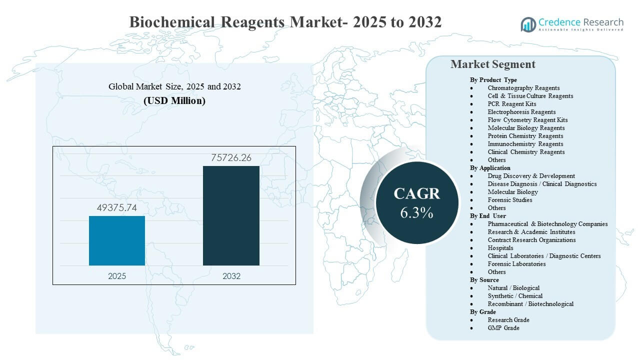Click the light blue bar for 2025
click(117, 240)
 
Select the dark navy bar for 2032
click(231, 215)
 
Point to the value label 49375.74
click(117, 207)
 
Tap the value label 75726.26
click(231, 158)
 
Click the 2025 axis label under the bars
click(117, 276)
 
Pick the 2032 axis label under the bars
click(231, 276)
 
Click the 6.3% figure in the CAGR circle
click(416, 212)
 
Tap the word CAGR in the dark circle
click(416, 194)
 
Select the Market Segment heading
click(492, 64)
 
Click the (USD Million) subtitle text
click(174, 100)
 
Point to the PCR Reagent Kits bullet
click(511, 104)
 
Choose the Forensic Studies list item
click(509, 200)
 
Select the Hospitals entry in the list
click(500, 248)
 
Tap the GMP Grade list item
click(503, 328)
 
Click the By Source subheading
click(484, 280)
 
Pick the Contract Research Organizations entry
click(531, 240)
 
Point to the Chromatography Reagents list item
click(523, 88)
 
